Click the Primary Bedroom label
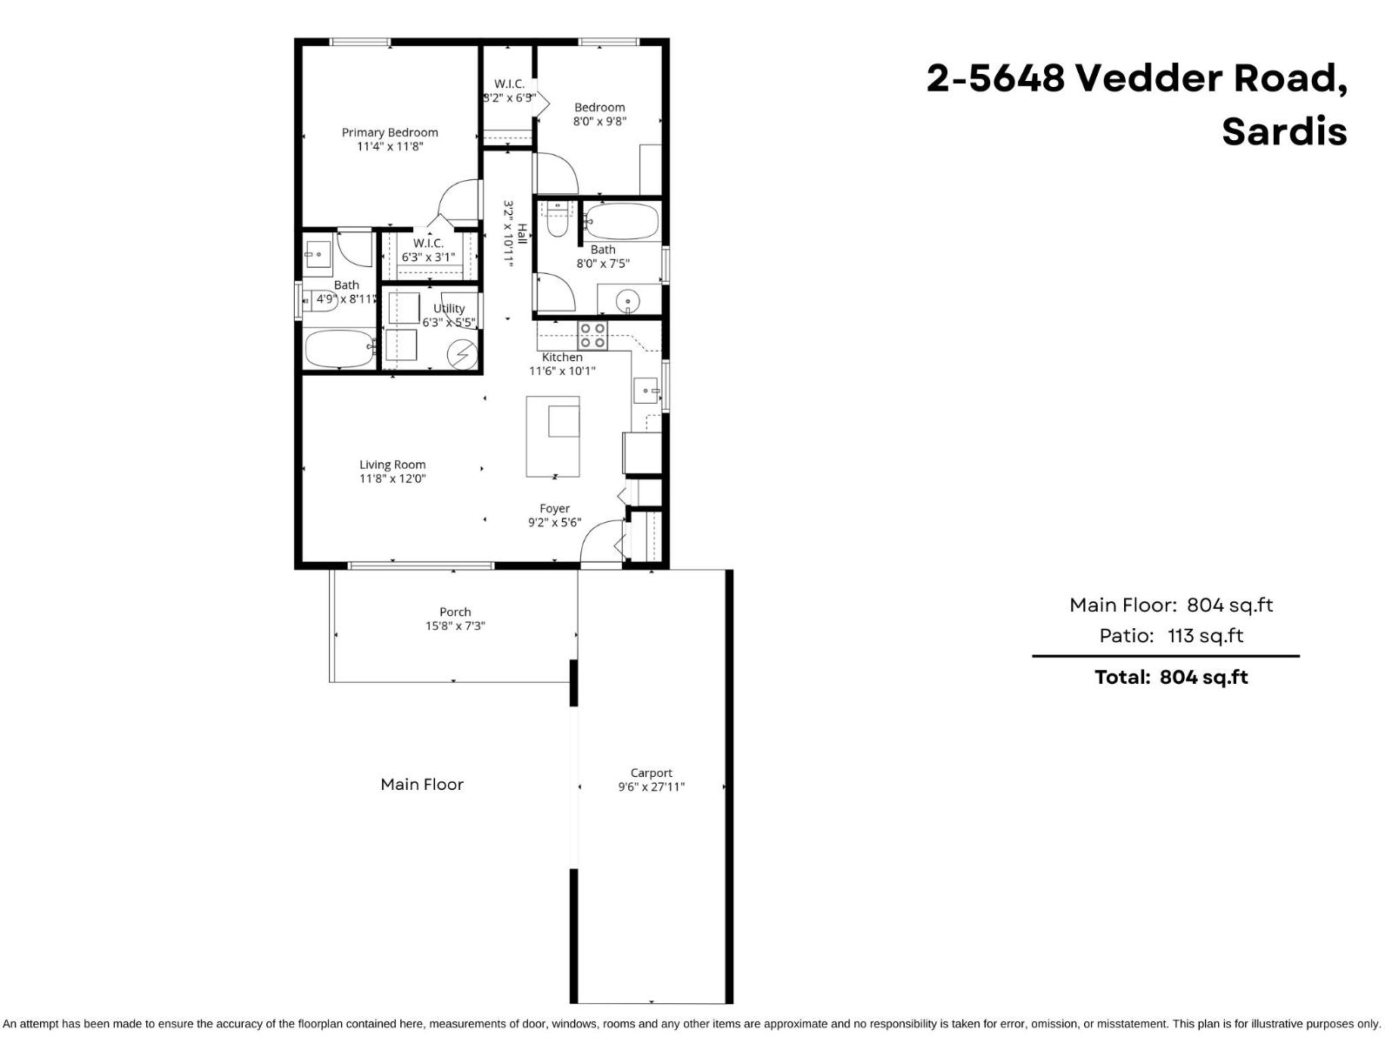point(389,132)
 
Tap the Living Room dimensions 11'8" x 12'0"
point(392,478)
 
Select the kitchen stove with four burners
point(592,335)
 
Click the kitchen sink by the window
point(646,391)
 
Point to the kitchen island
point(552,436)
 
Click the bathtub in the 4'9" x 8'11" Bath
point(339,349)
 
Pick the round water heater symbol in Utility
point(463,355)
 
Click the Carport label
point(651,773)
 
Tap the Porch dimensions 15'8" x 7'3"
point(455,626)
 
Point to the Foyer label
point(554,508)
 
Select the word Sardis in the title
point(1284,131)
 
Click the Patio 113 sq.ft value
point(1205,636)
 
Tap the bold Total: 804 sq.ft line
point(1170,677)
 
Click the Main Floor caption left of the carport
point(422,784)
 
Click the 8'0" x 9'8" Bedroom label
point(599,107)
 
